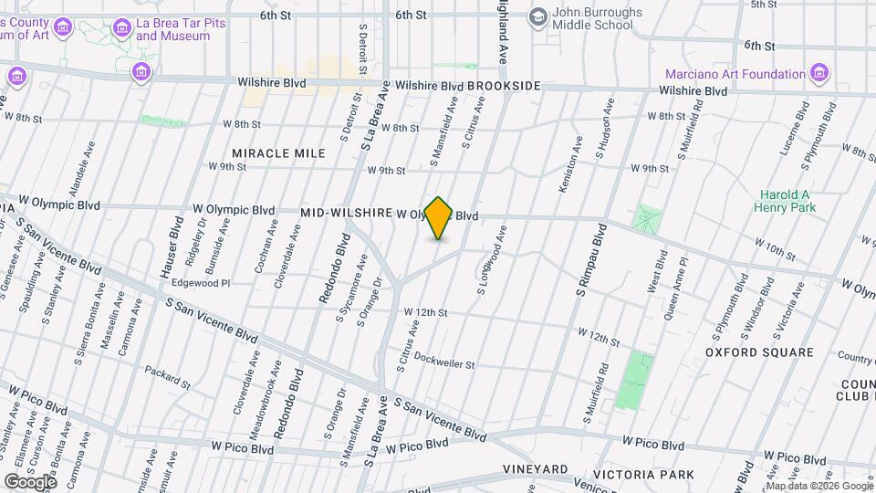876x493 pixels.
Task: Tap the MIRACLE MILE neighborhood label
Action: pyautogui.click(x=278, y=153)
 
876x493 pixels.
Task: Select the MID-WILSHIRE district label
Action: pyautogui.click(x=346, y=213)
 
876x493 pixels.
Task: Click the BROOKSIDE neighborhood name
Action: pyautogui.click(x=504, y=86)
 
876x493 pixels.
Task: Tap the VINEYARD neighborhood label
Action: pyautogui.click(x=537, y=469)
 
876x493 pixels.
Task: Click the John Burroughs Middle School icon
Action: pyautogui.click(x=538, y=17)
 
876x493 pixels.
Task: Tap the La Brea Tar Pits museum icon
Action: pyautogui.click(x=121, y=29)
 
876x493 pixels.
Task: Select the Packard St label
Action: pyautogui.click(x=167, y=377)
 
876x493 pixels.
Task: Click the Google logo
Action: pyautogui.click(x=30, y=481)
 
